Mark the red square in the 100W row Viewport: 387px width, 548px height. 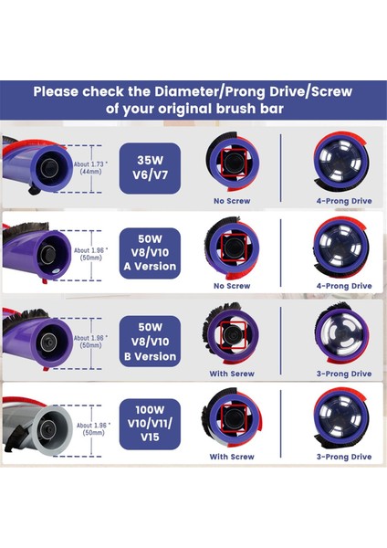pyautogui.click(x=230, y=422)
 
